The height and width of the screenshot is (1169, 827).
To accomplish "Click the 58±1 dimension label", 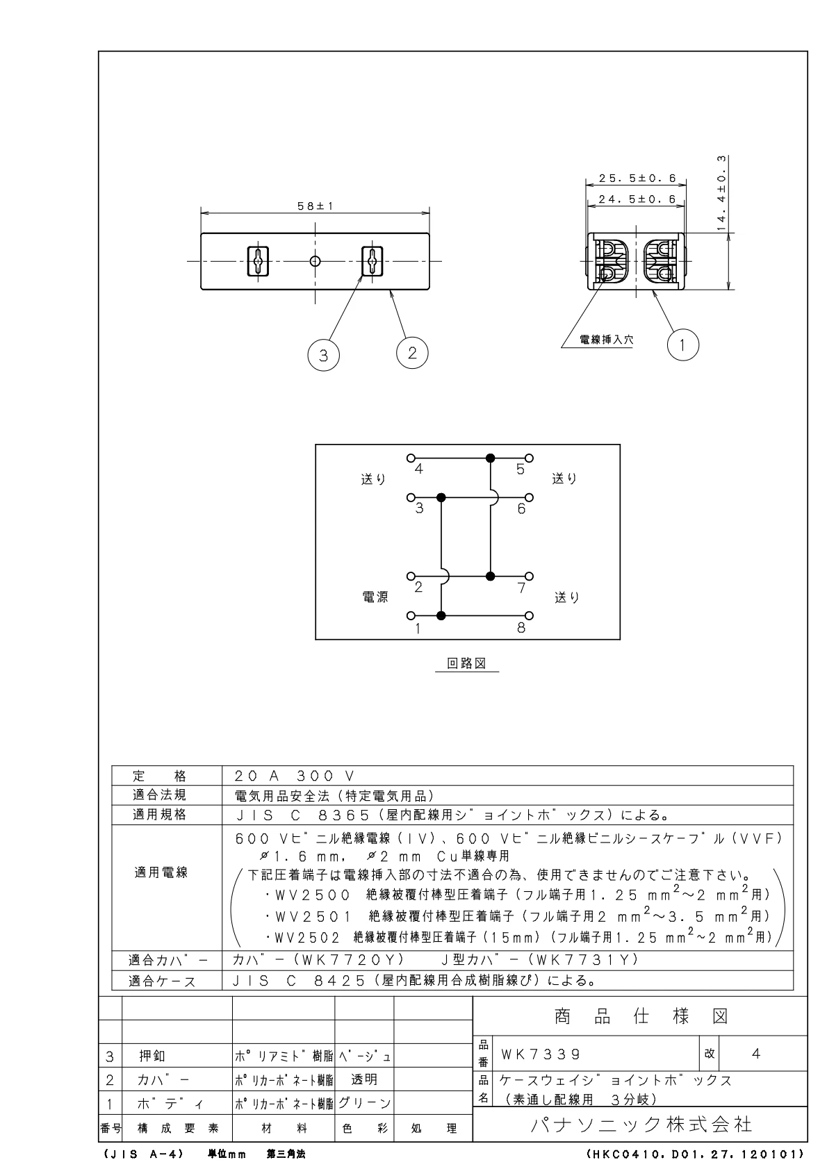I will (x=316, y=206).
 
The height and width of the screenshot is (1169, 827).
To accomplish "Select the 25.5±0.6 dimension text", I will (x=632, y=179).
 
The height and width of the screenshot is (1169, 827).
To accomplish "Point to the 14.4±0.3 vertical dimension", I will (x=722, y=192).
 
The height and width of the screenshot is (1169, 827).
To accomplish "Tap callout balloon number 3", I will (x=323, y=356).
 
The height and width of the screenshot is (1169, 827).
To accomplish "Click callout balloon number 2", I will (x=412, y=352).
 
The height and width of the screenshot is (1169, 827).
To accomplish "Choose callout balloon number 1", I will (x=683, y=345).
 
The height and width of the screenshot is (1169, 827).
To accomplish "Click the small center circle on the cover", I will (x=316, y=261).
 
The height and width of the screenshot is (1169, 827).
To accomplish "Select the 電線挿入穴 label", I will (x=597, y=340).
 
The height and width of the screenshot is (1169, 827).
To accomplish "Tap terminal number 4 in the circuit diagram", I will (x=418, y=469).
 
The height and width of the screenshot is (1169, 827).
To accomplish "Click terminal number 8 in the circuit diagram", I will (x=521, y=628).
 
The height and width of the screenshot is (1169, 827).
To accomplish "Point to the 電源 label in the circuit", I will (x=375, y=597).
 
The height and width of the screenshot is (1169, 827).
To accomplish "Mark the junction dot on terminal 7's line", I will (x=491, y=577).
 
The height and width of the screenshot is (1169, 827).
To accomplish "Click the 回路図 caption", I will (x=466, y=663).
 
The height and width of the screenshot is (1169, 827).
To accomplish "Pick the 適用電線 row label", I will (x=161, y=872).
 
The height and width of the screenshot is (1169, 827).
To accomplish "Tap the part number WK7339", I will (x=540, y=1054).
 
